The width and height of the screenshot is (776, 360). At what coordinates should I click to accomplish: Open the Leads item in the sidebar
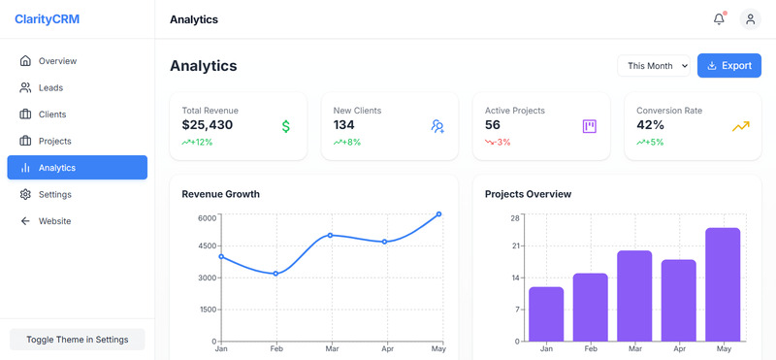click(x=50, y=87)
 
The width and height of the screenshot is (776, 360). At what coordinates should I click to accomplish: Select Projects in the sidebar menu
click(x=54, y=141)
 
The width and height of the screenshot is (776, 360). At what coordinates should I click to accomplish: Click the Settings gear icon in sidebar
click(x=25, y=194)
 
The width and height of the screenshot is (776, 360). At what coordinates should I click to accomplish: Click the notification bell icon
click(x=719, y=19)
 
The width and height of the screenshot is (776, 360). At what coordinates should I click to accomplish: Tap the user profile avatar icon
click(x=750, y=19)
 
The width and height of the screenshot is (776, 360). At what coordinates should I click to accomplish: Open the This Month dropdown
click(x=655, y=66)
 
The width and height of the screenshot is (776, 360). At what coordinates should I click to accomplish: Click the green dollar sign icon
click(x=286, y=126)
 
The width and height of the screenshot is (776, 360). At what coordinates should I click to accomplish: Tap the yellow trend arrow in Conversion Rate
click(x=741, y=126)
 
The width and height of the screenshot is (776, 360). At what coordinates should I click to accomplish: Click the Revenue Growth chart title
click(x=220, y=194)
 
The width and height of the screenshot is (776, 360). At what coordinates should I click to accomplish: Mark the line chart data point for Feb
click(x=275, y=274)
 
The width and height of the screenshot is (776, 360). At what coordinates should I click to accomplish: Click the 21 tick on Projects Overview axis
click(x=515, y=246)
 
